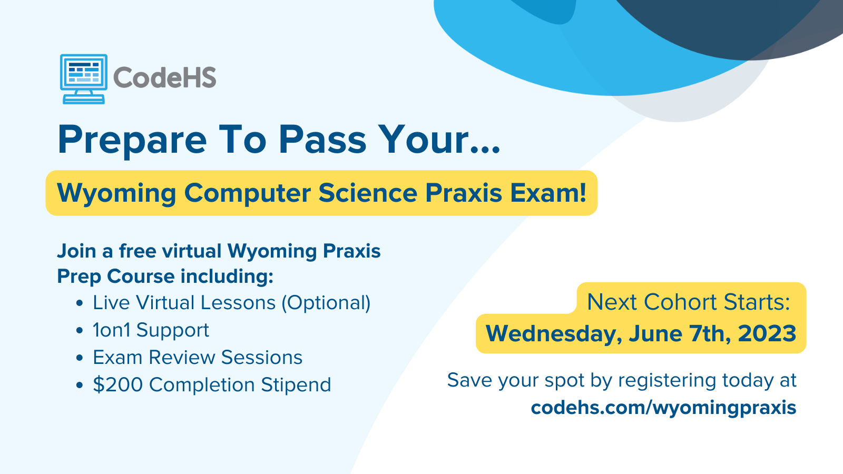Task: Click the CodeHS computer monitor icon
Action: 84,79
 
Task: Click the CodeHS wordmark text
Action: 165,77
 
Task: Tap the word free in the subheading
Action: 138,251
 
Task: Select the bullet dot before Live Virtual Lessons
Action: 79,303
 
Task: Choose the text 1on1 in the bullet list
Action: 111,330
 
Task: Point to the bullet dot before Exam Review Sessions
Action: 79,358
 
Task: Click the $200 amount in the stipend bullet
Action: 118,384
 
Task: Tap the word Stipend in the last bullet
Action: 296,385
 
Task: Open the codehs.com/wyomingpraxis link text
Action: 663,408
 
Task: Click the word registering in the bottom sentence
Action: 667,381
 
